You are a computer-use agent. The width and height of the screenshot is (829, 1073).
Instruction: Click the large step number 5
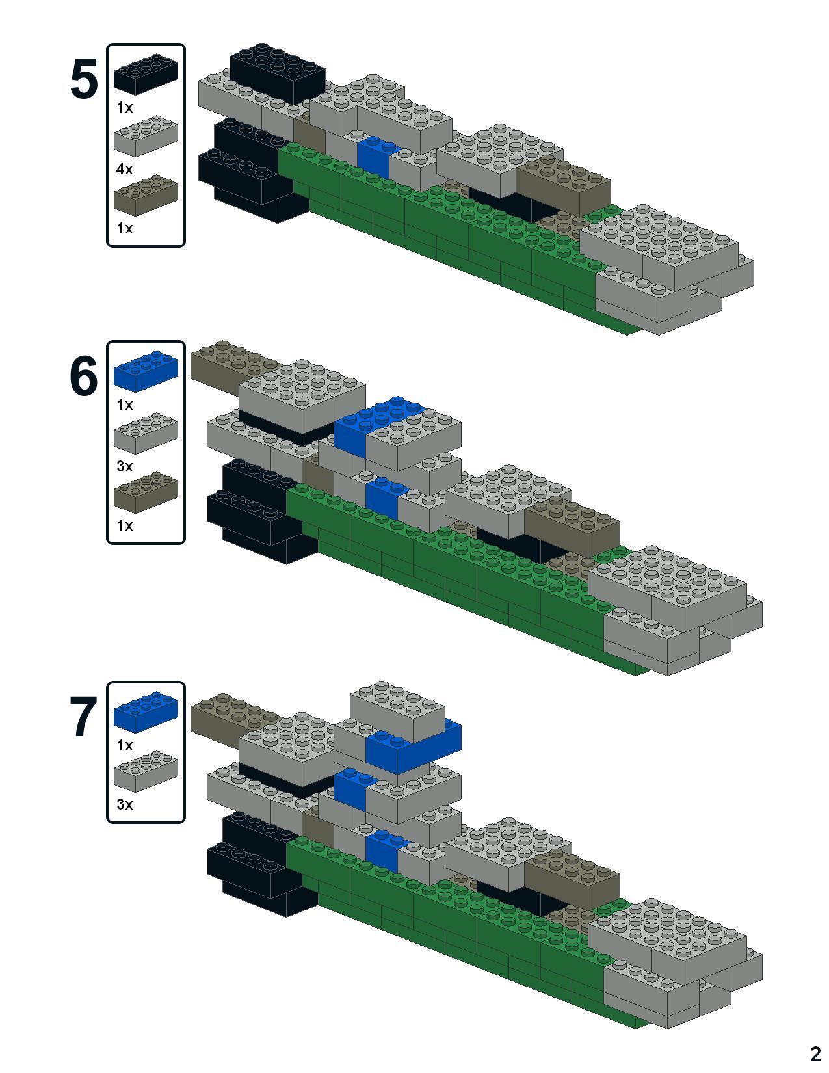[x=83, y=81]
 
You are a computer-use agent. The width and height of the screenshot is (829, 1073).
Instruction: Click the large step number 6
[x=83, y=377]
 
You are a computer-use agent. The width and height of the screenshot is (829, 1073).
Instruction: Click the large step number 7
[x=83, y=718]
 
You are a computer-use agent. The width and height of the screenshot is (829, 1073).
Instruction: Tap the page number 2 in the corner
[x=815, y=1053]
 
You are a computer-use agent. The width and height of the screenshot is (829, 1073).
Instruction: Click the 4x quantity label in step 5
[x=124, y=169]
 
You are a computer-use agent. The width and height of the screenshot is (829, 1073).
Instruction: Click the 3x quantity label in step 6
[x=124, y=466]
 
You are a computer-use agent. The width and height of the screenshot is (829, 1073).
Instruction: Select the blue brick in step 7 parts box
[x=146, y=709]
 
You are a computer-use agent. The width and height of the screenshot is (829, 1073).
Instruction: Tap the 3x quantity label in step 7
[x=124, y=804]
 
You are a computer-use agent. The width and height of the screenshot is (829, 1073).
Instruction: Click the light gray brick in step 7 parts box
[x=146, y=771]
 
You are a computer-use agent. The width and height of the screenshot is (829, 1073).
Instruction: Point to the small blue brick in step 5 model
[x=373, y=157]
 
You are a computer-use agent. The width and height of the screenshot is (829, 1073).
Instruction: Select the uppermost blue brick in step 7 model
[x=416, y=748]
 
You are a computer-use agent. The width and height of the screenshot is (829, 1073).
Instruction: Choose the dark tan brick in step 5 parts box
[x=146, y=194]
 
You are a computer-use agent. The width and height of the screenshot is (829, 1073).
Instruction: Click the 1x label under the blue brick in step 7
[x=124, y=745]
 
